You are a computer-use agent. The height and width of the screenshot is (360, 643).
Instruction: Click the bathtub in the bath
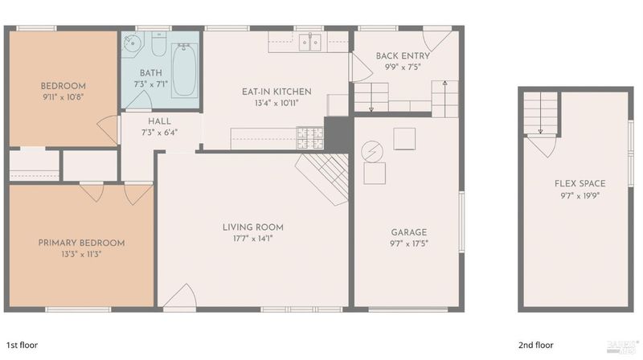[185, 70]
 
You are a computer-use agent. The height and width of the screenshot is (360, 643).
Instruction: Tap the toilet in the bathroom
[158, 44]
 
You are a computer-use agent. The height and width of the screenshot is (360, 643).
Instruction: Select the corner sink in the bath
[133, 43]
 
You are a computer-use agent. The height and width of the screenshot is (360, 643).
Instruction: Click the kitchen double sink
[309, 43]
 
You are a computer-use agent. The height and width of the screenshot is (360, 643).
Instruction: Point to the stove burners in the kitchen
[310, 138]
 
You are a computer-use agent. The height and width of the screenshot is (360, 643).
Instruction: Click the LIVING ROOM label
[253, 227]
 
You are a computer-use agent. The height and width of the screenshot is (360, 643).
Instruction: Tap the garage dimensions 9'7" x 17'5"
[409, 243]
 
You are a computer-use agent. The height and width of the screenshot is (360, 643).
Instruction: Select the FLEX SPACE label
[580, 184]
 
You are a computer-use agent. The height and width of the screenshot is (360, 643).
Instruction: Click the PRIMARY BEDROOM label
[82, 243]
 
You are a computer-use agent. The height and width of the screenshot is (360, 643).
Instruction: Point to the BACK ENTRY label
[403, 55]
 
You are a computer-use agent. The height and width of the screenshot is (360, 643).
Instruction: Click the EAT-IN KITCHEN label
[276, 92]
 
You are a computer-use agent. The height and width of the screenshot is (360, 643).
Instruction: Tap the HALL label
[159, 121]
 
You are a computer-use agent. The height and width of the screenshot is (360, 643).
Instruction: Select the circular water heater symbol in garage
[372, 151]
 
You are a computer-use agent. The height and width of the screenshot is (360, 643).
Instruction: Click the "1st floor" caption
[23, 345]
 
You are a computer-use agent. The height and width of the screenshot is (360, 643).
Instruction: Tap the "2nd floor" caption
[536, 345]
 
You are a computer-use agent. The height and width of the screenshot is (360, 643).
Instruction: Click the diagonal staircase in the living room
[323, 178]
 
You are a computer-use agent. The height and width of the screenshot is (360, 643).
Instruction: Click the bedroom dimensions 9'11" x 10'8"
[63, 97]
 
